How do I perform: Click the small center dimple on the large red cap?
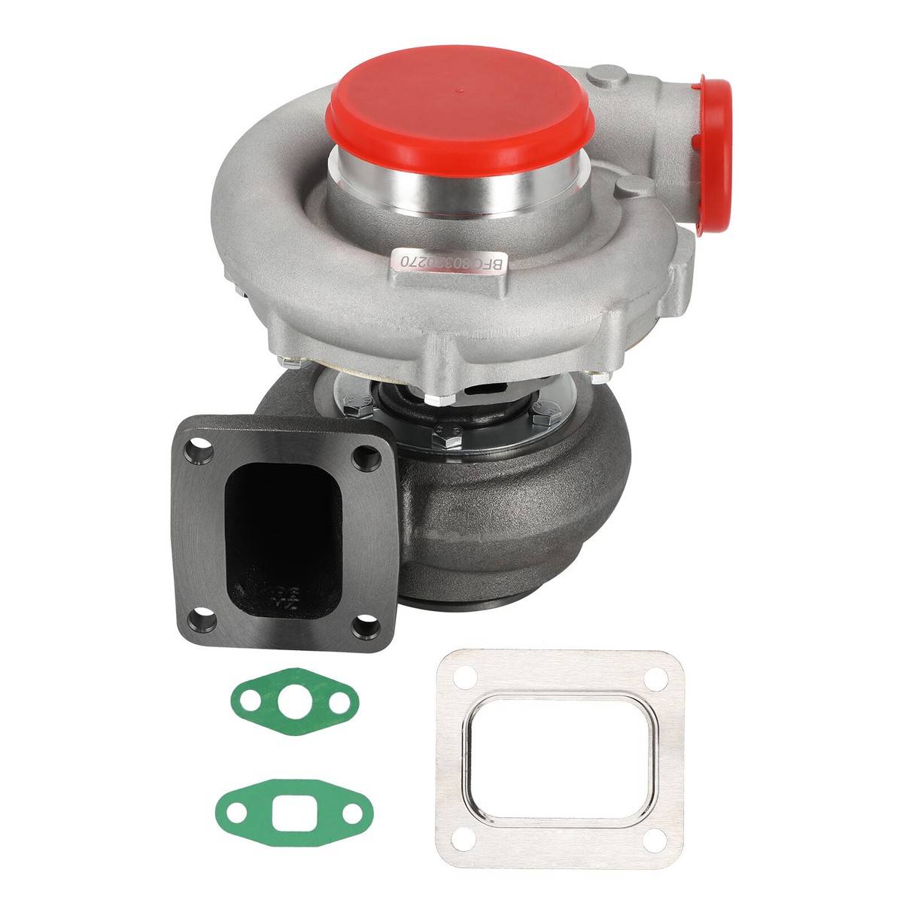(459, 87)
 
